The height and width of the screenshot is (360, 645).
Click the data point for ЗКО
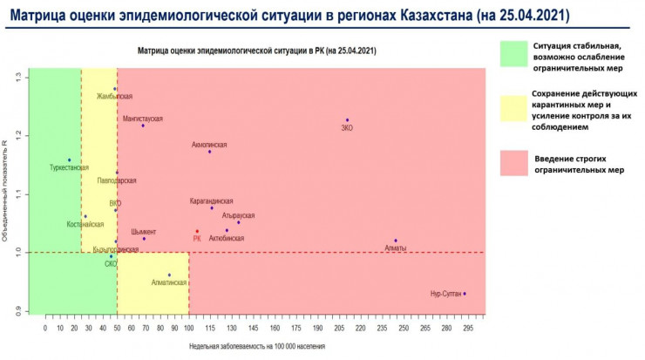[x=347, y=120]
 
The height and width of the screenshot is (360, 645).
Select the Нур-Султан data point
[x=465, y=294]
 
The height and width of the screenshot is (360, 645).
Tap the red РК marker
[x=197, y=231]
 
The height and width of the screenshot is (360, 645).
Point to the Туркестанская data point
[x=69, y=160]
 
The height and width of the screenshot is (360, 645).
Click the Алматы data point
[x=396, y=241]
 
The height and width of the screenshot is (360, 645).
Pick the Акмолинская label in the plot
[x=209, y=145]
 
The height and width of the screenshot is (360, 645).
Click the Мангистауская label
[x=142, y=119]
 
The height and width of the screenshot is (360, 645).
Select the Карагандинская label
[x=212, y=201]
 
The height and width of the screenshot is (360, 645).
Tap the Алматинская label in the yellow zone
[x=168, y=283]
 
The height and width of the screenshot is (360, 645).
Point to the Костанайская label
[x=85, y=224]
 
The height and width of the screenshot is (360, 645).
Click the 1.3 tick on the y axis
[x=19, y=78]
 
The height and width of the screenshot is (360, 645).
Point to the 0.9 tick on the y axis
[x=19, y=309]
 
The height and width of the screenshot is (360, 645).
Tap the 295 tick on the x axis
[x=468, y=329]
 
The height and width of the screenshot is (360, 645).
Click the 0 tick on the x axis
[x=44, y=329]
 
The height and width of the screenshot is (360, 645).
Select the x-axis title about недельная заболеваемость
[x=257, y=346]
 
